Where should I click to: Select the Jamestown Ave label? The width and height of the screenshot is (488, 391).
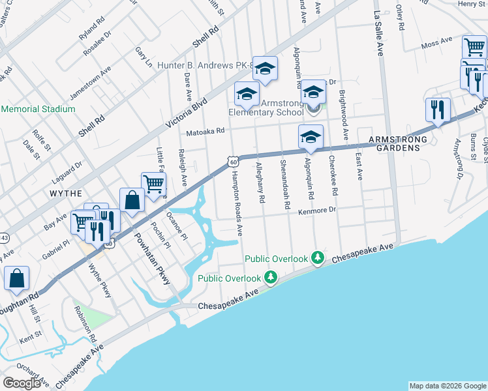coord(91,82)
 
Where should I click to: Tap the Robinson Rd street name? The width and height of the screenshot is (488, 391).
coord(85,324)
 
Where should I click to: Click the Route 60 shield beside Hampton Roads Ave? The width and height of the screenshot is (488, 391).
coord(232,161)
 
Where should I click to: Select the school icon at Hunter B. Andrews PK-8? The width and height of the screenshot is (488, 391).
coord(265,68)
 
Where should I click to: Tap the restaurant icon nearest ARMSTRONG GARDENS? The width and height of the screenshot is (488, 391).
coord(438,109)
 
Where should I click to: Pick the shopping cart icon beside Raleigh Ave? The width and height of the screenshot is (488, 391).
coord(154,183)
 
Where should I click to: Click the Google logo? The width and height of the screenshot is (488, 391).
coord(22,383)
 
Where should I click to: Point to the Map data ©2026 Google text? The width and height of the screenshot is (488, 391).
coord(447,386)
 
